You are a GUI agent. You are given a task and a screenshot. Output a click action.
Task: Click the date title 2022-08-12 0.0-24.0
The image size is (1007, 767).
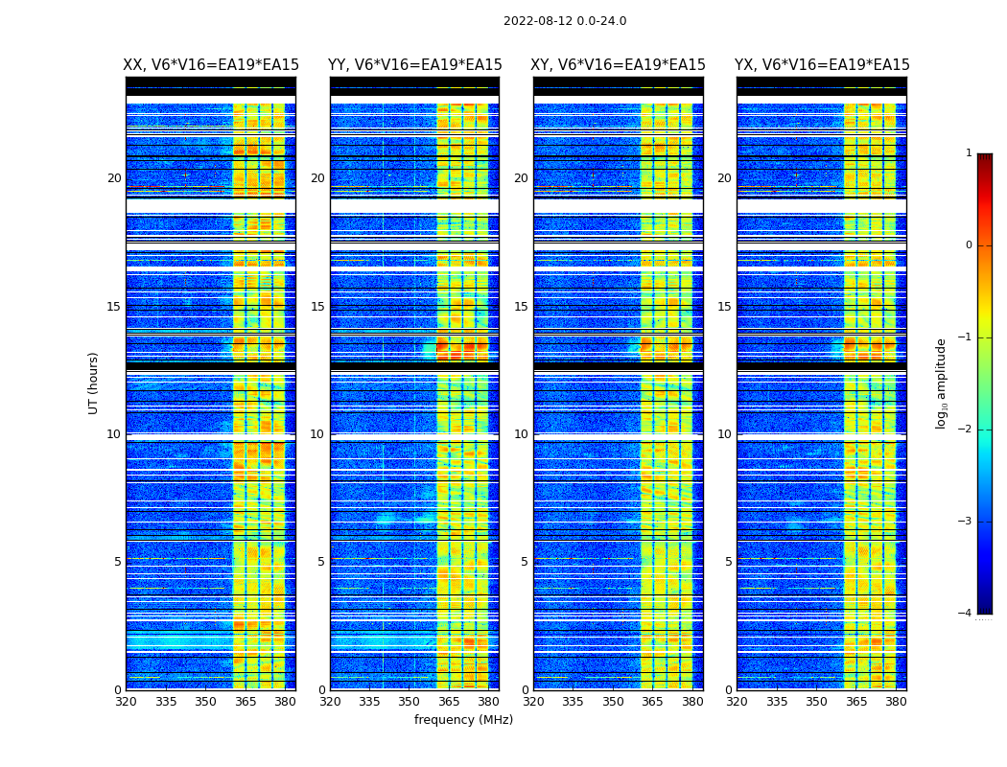pos(565,21)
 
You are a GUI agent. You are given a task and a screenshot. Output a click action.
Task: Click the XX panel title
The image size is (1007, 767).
pos(211,65)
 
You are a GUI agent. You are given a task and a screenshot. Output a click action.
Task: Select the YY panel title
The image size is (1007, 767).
pos(414,65)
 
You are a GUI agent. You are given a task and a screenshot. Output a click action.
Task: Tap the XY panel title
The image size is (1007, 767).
pos(619,65)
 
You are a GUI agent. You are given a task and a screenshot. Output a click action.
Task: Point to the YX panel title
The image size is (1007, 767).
pos(822,65)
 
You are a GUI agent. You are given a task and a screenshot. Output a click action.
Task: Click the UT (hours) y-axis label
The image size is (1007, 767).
pos(94,383)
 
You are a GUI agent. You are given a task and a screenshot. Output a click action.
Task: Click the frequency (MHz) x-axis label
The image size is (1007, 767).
pos(463,720)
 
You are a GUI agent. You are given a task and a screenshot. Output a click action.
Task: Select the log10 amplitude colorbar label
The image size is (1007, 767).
pos(941,383)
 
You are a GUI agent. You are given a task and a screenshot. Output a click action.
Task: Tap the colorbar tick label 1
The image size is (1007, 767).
pos(969,153)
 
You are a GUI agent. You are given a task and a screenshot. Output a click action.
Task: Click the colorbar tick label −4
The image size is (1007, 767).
pos(966,614)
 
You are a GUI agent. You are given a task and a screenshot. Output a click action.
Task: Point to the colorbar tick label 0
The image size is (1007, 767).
pos(969,245)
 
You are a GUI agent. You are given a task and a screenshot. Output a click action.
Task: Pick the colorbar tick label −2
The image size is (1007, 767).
pos(966,430)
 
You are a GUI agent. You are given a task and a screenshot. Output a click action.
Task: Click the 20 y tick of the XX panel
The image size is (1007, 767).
pos(114,178)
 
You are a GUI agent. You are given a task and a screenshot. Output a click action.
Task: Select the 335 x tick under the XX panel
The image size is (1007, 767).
pos(166,702)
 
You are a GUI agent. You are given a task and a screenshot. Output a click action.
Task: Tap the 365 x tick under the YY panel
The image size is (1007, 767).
pos(449,702)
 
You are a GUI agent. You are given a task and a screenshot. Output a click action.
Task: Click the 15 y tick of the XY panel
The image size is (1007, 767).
pos(521,307)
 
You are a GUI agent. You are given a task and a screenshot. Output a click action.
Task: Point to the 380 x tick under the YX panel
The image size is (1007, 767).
pos(896,702)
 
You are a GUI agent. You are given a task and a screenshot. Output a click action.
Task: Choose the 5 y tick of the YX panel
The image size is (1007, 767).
pos(728,562)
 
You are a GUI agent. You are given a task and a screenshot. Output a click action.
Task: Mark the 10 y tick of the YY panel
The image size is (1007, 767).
pos(317,434)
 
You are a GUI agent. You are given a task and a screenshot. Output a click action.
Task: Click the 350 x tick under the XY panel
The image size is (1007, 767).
pos(613,702)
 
